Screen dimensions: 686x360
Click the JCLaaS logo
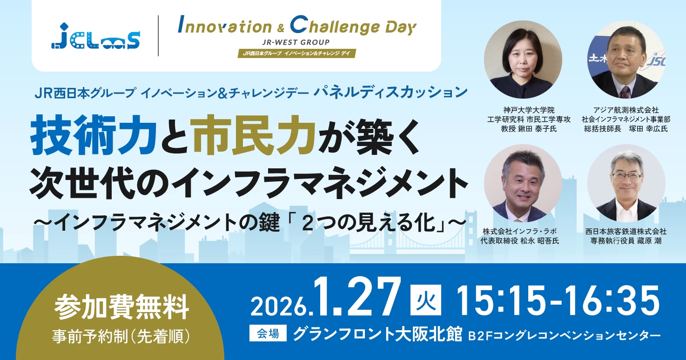click(95, 36)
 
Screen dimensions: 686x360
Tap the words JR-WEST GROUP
click(296, 42)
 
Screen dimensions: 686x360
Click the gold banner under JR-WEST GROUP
click(297, 53)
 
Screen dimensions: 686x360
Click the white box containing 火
click(426, 300)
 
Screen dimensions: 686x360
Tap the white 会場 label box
click(268, 333)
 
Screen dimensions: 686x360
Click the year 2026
click(279, 306)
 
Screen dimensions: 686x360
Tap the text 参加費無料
click(121, 307)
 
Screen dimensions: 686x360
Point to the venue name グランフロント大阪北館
click(377, 333)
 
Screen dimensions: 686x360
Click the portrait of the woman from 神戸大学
click(523, 60)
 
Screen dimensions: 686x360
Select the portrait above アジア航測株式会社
click(626, 60)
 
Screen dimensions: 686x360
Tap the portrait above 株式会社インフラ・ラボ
click(523, 183)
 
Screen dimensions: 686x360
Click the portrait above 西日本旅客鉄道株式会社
click(626, 183)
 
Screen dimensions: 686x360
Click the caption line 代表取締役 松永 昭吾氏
click(520, 241)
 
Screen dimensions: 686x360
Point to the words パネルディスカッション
click(390, 93)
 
